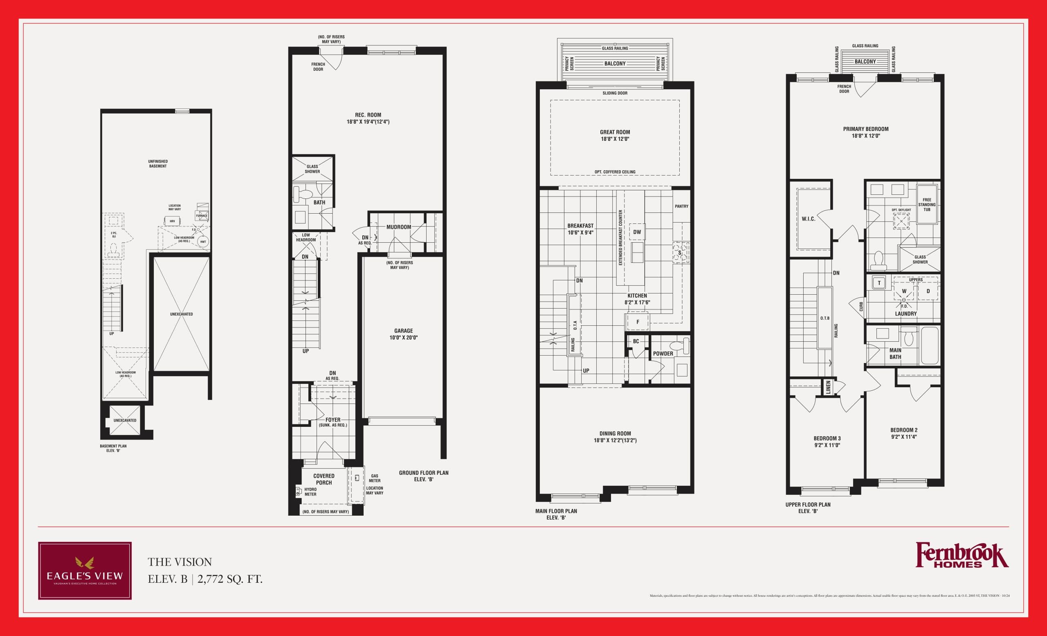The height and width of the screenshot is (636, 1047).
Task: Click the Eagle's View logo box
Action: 85,571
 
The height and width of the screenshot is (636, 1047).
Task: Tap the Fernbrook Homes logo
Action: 962,555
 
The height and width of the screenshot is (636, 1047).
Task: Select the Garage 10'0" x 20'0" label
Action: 403,334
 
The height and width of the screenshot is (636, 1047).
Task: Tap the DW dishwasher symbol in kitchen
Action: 637,232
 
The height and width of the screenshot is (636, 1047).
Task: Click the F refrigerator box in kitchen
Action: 637,322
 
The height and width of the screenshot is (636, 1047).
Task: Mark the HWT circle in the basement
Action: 203,242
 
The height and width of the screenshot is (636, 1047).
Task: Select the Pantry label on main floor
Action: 681,206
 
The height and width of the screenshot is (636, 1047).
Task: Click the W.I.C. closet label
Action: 808,219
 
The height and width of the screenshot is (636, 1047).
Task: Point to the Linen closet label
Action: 828,387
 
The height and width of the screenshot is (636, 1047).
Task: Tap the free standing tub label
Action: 927,205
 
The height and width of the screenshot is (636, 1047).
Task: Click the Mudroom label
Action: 399,227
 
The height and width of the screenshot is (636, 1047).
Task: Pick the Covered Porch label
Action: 324,479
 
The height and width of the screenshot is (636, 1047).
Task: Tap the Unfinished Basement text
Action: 157,164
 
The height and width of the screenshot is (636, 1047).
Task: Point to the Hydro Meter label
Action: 310,492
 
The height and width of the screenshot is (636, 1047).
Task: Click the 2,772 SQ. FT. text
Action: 230,579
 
